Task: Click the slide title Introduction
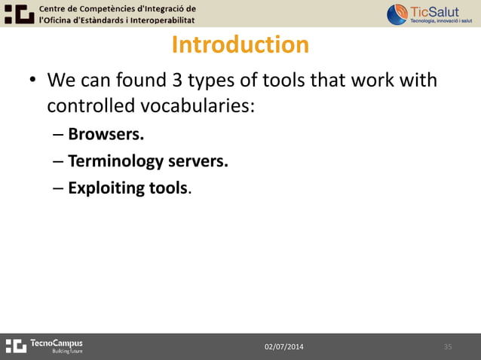[x=240, y=45]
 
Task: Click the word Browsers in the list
[x=105, y=134]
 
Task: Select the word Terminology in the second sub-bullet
[x=115, y=161]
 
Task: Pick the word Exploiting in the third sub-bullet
[x=106, y=188]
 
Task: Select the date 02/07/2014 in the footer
[x=284, y=346]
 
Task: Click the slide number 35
[x=448, y=346]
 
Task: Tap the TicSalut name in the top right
[x=434, y=11]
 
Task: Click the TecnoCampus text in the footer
[x=57, y=343]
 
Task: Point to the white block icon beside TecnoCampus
[x=15, y=346]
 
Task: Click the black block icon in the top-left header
[x=18, y=14]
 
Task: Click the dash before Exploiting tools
[x=58, y=188]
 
